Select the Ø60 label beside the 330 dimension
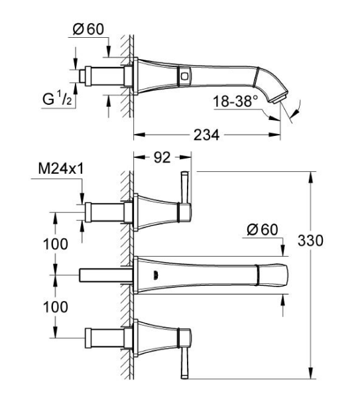pyautogui.click(x=259, y=230)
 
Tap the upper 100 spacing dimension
pyautogui.click(x=56, y=243)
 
